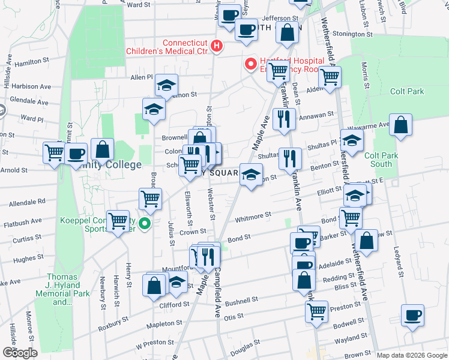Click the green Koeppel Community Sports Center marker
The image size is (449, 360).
144,224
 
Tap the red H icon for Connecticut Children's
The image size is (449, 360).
217,46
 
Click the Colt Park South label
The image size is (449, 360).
381,160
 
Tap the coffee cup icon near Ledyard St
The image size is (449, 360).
412,316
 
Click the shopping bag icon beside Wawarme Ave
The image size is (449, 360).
400,125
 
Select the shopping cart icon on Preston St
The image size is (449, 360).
316,311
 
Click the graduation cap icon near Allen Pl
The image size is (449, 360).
166,86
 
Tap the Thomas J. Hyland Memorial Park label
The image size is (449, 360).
68,290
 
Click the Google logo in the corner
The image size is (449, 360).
20,353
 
